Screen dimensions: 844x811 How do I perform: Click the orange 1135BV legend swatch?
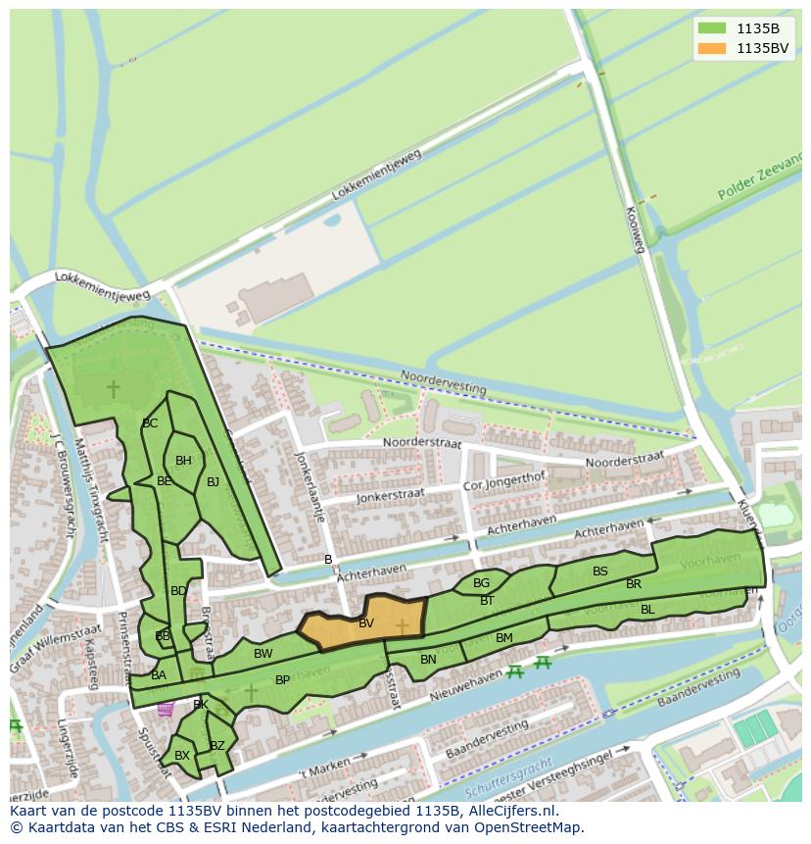(x=712, y=48)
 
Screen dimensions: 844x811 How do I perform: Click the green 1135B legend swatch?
(x=712, y=28)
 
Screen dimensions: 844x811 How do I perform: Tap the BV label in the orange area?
(x=366, y=623)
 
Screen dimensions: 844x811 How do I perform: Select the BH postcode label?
(x=183, y=461)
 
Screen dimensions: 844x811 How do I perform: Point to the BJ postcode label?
(x=213, y=481)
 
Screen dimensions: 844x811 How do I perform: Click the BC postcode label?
(x=150, y=423)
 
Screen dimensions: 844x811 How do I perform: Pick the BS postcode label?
(x=600, y=571)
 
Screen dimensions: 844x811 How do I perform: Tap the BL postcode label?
(x=647, y=610)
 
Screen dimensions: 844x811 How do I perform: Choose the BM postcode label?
(x=504, y=638)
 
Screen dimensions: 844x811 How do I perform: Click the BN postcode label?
(x=428, y=660)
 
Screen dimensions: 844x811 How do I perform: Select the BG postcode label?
(x=481, y=583)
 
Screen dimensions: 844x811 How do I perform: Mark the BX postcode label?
(x=181, y=756)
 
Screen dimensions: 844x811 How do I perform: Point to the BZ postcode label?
(x=217, y=746)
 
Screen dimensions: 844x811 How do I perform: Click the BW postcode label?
(x=263, y=654)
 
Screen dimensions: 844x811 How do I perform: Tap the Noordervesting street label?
(x=444, y=382)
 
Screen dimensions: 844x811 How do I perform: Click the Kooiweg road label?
(x=635, y=229)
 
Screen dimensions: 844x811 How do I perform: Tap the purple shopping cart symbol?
(x=166, y=708)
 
